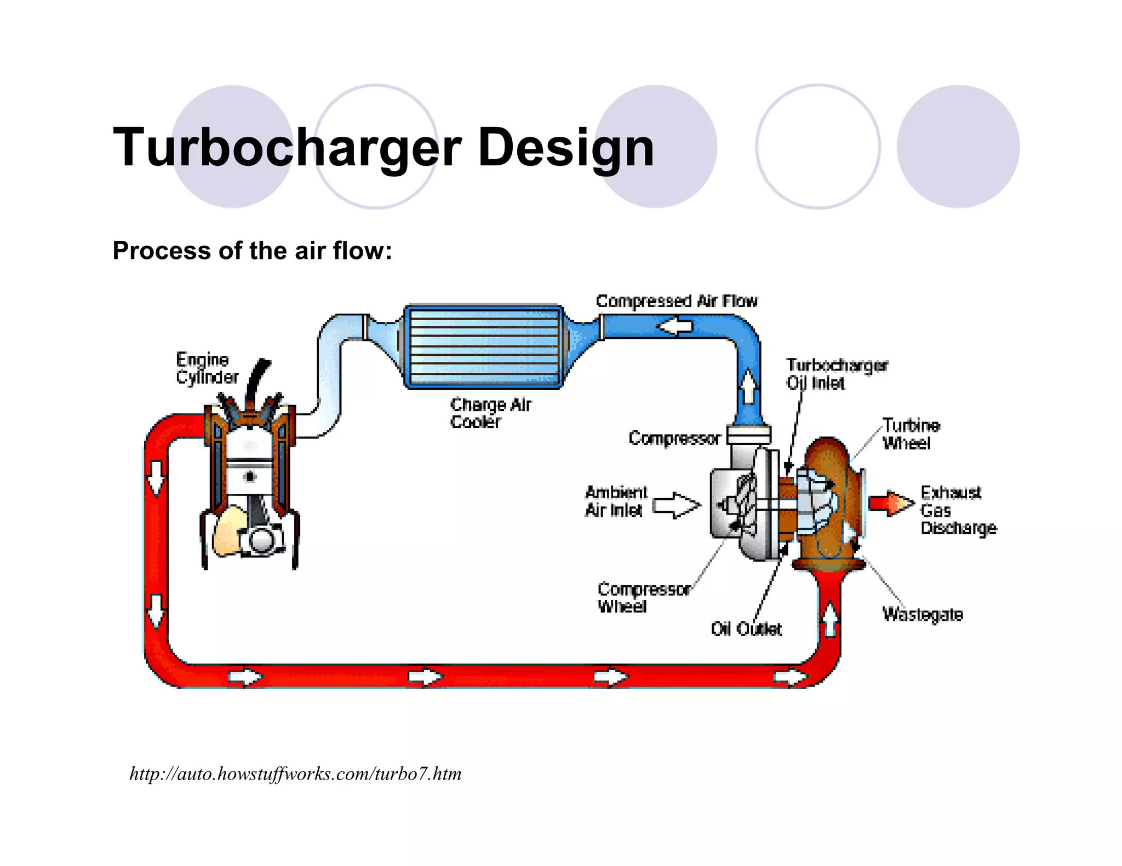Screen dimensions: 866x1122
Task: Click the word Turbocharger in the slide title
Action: click(287, 147)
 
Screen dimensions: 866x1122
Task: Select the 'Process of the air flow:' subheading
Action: click(252, 251)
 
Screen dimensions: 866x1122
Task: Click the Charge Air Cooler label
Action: click(490, 413)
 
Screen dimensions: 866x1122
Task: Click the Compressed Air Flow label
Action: click(677, 301)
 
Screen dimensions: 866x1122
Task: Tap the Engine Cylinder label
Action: click(207, 368)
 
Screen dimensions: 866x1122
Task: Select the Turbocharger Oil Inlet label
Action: click(836, 374)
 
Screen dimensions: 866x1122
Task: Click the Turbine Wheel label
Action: click(911, 434)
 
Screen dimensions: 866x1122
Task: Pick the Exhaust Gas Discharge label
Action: click(958, 510)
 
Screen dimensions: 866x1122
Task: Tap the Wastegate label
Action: click(923, 614)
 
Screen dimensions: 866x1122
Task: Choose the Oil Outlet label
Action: click(746, 629)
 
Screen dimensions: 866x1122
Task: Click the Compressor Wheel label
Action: click(643, 597)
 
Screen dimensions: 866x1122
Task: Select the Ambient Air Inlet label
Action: click(616, 501)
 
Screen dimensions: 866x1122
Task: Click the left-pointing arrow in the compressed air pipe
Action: click(675, 327)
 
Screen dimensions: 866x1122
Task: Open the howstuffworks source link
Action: click(295, 774)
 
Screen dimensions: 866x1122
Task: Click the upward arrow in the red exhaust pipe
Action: click(831, 619)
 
